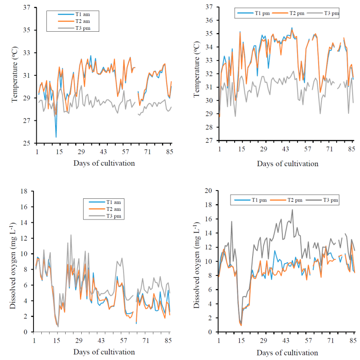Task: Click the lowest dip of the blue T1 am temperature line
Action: pyautogui.click(x=56, y=137)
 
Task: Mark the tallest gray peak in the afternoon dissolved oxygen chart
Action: pyautogui.click(x=292, y=210)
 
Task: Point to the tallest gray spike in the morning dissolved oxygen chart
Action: pyautogui.click(x=71, y=235)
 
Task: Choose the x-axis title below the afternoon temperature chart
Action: pyautogui.click(x=287, y=163)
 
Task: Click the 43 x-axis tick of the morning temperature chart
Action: pyautogui.click(x=104, y=152)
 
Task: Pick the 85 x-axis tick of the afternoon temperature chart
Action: pyautogui.click(x=352, y=150)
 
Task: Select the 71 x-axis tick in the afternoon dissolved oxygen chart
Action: pyautogui.click(x=330, y=340)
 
